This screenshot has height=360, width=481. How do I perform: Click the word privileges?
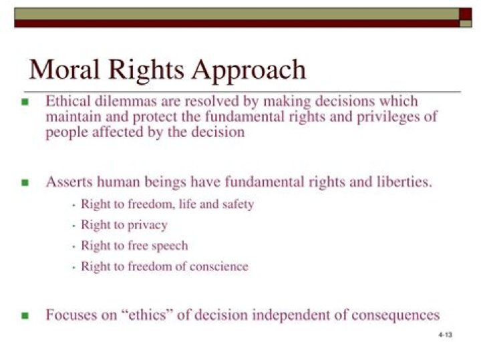pyautogui.click(x=387, y=116)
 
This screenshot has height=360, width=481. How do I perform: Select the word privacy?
pyautogui.click(x=146, y=226)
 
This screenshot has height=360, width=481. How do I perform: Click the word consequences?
pyautogui.click(x=394, y=315)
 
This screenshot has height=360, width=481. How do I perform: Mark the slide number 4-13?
pyautogui.click(x=446, y=335)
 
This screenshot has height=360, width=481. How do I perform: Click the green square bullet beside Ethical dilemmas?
pyautogui.click(x=25, y=102)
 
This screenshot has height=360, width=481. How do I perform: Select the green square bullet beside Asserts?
pyautogui.click(x=25, y=182)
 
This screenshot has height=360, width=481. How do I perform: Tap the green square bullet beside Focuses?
pyautogui.click(x=25, y=315)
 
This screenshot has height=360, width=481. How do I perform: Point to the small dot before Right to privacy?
pyautogui.click(x=73, y=226)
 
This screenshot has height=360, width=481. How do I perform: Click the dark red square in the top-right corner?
pyautogui.click(x=465, y=13)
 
